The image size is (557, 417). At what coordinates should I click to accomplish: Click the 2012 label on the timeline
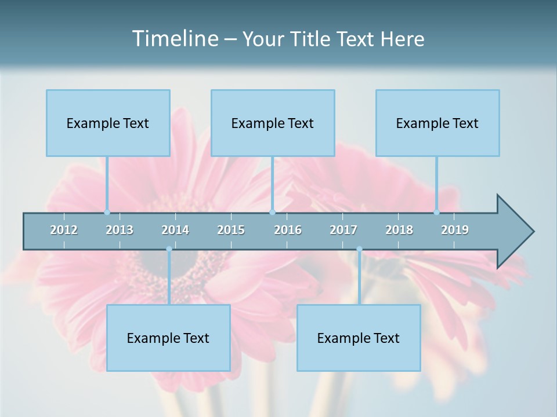tap(64, 230)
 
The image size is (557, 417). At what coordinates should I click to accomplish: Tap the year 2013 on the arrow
tap(120, 230)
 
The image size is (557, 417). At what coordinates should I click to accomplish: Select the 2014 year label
tap(175, 230)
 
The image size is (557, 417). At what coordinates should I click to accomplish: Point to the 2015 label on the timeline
tap(231, 230)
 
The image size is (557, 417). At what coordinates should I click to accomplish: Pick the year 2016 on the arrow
tap(288, 230)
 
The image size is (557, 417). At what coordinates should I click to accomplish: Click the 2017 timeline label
tap(343, 230)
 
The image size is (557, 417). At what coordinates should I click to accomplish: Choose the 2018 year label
tap(399, 230)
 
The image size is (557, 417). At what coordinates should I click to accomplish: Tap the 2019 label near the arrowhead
tap(455, 230)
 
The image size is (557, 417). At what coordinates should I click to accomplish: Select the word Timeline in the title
tap(174, 39)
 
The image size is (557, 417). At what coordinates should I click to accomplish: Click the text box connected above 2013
tap(108, 123)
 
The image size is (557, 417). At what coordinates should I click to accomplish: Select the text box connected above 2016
tap(273, 123)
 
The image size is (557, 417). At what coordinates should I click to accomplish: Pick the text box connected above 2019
tap(437, 123)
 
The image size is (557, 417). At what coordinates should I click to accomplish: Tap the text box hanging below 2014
tap(168, 338)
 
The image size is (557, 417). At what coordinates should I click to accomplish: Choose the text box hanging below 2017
tap(359, 338)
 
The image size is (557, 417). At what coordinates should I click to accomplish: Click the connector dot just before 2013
tap(107, 212)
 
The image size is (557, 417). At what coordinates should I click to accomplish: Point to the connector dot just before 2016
tap(273, 212)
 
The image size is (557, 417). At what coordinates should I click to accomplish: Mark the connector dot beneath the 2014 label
tap(169, 249)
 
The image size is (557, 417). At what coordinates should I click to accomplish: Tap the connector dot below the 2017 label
tap(359, 249)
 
